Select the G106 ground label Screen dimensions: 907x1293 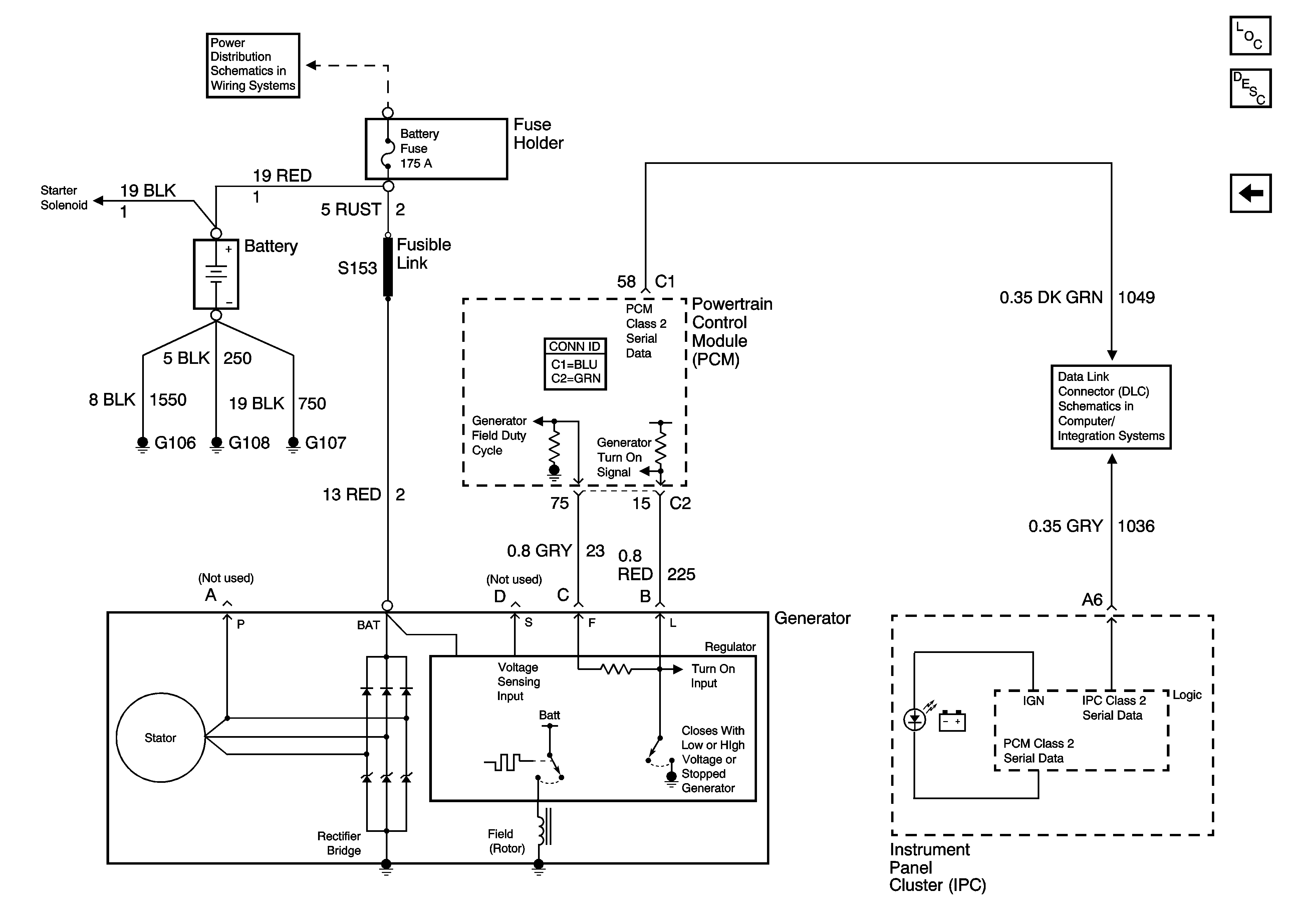coord(175,443)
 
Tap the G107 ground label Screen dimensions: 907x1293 coord(325,443)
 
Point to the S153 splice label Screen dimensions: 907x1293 coord(357,268)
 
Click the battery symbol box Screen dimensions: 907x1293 coord(216,274)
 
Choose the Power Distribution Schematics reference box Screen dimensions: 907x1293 coord(253,65)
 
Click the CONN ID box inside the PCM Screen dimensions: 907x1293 coord(575,364)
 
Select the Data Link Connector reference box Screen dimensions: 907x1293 coord(1110,407)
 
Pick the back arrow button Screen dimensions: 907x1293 coord(1250,193)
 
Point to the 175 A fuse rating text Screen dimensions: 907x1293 coord(416,163)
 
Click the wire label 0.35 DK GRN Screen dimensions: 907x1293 coord(1051,297)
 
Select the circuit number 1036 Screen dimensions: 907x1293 coord(1136,526)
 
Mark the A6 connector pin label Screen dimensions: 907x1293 coord(1092,600)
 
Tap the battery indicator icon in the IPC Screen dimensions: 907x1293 coord(952,722)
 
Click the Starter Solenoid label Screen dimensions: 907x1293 coord(64,198)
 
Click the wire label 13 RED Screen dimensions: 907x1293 coord(351,495)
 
